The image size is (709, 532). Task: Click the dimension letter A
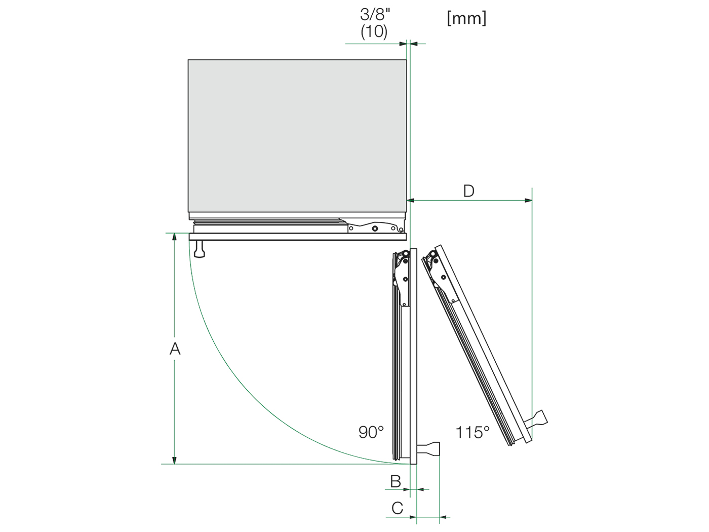(175, 349)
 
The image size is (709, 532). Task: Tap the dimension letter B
(396, 481)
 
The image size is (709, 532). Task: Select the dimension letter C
(398, 508)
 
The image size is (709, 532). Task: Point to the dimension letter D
(469, 191)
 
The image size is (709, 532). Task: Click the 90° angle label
(371, 432)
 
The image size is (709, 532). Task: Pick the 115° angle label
(472, 432)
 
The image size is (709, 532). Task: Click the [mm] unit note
(467, 18)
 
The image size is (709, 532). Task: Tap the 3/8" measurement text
(375, 14)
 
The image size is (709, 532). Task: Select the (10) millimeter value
(374, 31)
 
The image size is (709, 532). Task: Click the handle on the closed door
(200, 249)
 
